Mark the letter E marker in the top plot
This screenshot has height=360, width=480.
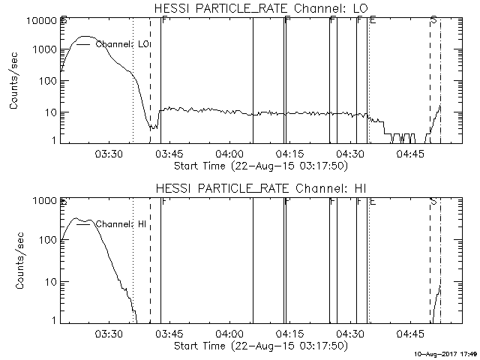pyautogui.click(x=373, y=20)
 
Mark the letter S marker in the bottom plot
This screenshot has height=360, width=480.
pyautogui.click(x=434, y=200)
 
